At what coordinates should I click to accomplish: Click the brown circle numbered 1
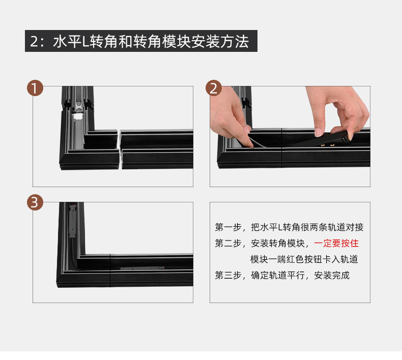click(x=35, y=88)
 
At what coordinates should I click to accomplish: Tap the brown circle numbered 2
click(x=213, y=88)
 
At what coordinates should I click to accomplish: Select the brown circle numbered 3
click(x=35, y=203)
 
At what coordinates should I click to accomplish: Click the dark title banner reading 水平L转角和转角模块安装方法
click(x=141, y=41)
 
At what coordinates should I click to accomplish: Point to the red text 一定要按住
click(x=336, y=243)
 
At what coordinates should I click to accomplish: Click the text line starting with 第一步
click(x=289, y=227)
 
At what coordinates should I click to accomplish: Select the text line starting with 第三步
click(x=282, y=276)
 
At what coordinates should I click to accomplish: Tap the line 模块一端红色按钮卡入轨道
click(x=304, y=259)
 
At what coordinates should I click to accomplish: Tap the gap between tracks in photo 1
click(x=119, y=149)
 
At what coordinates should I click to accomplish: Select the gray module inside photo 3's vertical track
click(x=72, y=222)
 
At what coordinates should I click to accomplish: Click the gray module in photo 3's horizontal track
click(x=142, y=268)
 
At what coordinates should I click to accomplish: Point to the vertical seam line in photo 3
click(x=110, y=271)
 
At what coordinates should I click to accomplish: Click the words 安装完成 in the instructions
click(x=332, y=276)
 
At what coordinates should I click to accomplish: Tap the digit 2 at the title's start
click(x=34, y=41)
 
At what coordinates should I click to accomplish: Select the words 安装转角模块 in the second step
click(x=277, y=243)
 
